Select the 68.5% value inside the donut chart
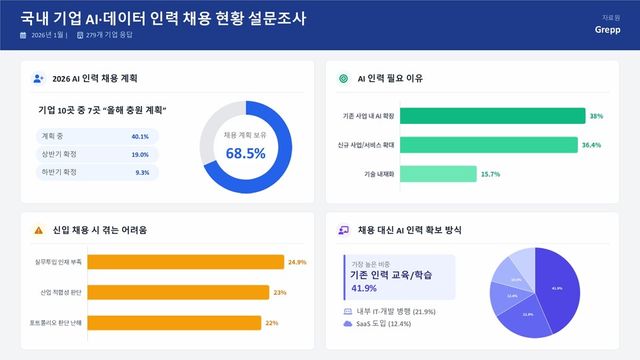pyautogui.click(x=245, y=153)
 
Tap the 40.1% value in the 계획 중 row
pyautogui.click(x=140, y=136)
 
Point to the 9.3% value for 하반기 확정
pyautogui.click(x=142, y=172)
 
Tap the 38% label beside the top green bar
pyautogui.click(x=596, y=117)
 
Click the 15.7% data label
pyautogui.click(x=490, y=174)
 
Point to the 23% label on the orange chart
pyautogui.click(x=280, y=293)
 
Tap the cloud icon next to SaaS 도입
pyautogui.click(x=347, y=324)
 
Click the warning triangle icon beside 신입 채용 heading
pyautogui.click(x=38, y=230)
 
